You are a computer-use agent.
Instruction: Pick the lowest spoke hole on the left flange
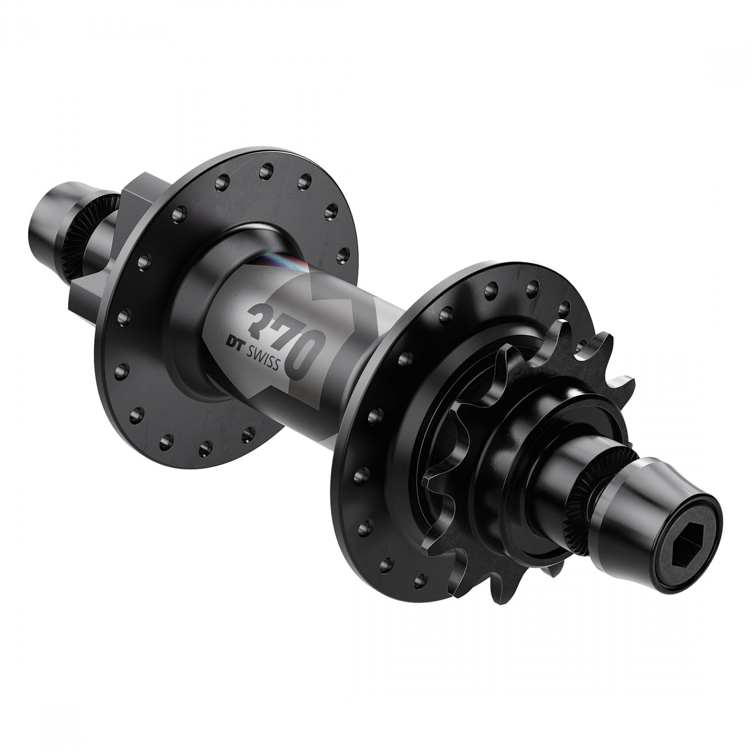click(x=204, y=447)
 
